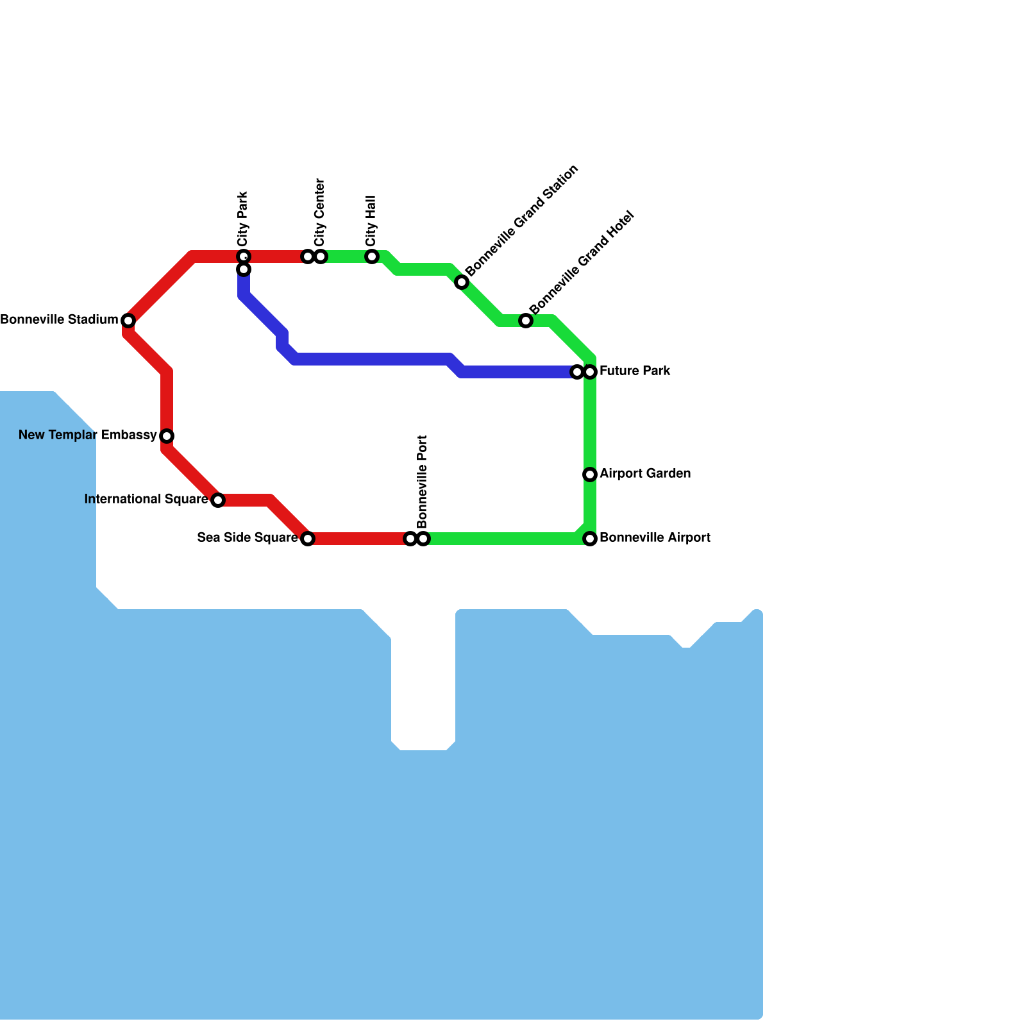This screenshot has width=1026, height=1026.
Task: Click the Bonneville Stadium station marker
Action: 128,320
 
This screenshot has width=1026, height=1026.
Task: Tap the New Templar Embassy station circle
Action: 167,436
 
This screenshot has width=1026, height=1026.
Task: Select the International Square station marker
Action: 218,500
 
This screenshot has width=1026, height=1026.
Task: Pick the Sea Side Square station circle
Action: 308,539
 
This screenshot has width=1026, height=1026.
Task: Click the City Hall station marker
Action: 372,256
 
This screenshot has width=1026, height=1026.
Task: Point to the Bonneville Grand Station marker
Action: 462,282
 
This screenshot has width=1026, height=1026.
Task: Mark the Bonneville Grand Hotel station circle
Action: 526,321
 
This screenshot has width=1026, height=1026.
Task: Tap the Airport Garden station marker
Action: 590,475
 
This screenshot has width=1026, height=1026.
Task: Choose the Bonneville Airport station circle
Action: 590,539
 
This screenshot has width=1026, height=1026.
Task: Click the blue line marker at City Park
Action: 244,269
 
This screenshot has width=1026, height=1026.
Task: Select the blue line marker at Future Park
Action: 577,372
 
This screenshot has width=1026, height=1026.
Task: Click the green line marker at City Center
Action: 321,256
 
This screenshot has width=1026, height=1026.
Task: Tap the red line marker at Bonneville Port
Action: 410,539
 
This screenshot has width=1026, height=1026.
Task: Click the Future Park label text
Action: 635,371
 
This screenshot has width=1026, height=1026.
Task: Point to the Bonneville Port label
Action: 422,482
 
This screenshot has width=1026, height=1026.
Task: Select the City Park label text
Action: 242,219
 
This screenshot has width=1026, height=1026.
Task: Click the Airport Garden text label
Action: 645,474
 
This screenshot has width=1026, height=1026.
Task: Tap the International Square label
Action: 146,499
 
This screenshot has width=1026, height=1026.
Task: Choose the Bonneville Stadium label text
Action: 59,319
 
